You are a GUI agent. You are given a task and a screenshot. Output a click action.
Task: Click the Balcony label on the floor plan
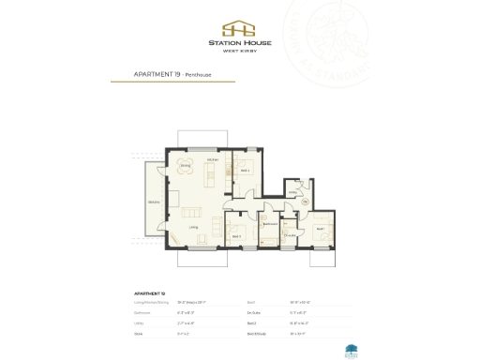[x=152, y=202]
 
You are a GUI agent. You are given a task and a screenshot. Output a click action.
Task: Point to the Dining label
[x=186, y=166]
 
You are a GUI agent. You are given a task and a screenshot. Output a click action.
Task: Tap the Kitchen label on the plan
[x=213, y=161]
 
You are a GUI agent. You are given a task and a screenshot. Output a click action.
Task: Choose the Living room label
[x=193, y=226]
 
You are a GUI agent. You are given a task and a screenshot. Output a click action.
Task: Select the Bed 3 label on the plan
[x=236, y=235]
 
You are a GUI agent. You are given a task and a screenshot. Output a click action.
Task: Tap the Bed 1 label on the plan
[x=320, y=229]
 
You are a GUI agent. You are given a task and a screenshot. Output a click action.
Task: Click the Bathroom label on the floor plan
[x=268, y=225]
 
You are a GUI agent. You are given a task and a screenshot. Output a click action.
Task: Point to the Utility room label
[x=292, y=193]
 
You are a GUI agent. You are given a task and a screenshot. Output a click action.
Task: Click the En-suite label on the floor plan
[x=290, y=234]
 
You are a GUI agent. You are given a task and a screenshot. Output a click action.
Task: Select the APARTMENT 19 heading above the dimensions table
[x=151, y=293]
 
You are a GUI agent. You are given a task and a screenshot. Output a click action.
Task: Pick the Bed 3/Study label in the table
[x=255, y=332]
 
